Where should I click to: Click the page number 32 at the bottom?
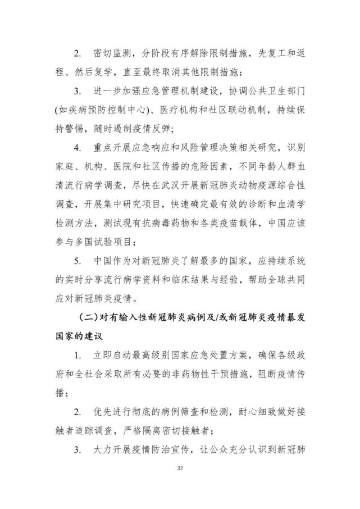tap(180, 469)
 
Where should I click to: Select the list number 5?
tap(78, 260)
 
